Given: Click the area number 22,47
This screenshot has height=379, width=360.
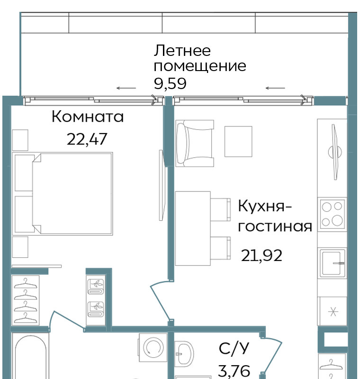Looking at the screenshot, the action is [87, 139].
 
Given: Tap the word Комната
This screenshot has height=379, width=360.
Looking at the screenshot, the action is [88, 117].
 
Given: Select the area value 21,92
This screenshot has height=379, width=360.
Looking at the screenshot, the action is [261, 256].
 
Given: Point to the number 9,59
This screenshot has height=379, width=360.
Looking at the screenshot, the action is [170, 84].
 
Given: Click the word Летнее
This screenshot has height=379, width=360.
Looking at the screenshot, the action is [182, 51].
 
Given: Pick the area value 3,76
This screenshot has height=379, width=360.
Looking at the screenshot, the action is [234, 371].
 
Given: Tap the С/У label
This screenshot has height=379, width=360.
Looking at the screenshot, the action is [234, 349].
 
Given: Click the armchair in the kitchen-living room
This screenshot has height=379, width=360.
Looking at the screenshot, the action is [195, 144].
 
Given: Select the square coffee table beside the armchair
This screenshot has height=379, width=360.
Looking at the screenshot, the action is [238, 141].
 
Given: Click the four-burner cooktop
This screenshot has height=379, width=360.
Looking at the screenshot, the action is [332, 214].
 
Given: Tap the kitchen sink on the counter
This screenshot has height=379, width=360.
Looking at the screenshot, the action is [333, 262].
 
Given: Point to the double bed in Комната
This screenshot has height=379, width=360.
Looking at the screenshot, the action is [63, 194].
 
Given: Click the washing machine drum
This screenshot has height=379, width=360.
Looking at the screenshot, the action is [153, 348].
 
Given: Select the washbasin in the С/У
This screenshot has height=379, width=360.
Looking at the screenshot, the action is [184, 353].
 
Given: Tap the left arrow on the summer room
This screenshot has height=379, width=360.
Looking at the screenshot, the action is [126, 88].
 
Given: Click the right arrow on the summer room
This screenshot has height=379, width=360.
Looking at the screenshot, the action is [275, 88].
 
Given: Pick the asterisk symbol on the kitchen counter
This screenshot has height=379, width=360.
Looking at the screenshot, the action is [333, 312].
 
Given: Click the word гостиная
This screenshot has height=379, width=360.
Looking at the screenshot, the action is [275, 226].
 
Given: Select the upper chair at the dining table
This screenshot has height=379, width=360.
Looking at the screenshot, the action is [220, 209].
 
